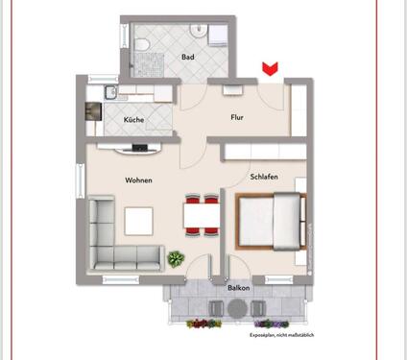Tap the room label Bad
[187, 58]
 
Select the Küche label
[133, 120]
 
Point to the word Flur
[237, 118]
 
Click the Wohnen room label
[139, 180]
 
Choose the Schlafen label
[264, 179]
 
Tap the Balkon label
[237, 286]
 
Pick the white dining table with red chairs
[200, 217]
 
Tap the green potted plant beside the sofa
[176, 258]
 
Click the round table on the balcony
[237, 307]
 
